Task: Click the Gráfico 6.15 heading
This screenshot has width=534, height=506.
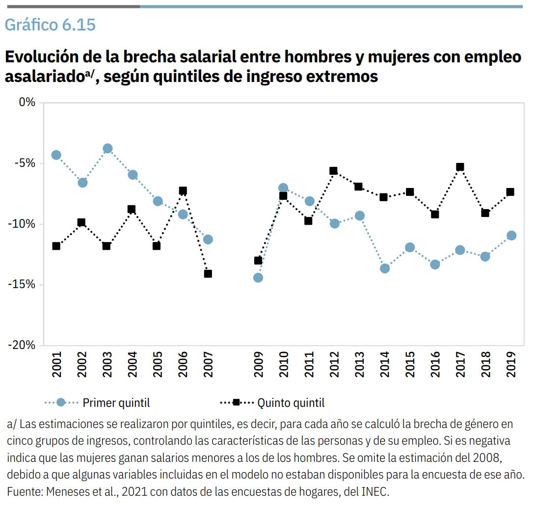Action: pyautogui.click(x=50, y=25)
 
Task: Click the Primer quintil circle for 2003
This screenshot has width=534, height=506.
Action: pyautogui.click(x=107, y=149)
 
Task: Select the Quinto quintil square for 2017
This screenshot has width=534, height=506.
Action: pyautogui.click(x=460, y=167)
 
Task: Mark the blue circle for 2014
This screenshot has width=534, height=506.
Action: pyautogui.click(x=385, y=268)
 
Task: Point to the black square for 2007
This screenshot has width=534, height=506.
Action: pyautogui.click(x=208, y=273)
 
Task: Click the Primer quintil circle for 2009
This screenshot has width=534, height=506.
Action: pyautogui.click(x=258, y=278)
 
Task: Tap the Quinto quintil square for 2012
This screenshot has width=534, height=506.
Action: pyautogui.click(x=334, y=171)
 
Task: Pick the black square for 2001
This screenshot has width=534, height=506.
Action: pyautogui.click(x=56, y=246)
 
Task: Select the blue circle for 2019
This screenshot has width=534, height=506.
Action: pyautogui.click(x=511, y=236)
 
